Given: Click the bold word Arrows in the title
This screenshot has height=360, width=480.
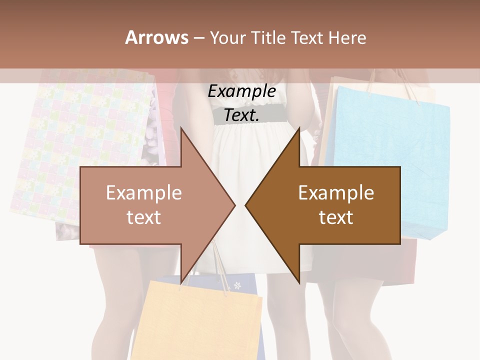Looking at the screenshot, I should click(x=156, y=37).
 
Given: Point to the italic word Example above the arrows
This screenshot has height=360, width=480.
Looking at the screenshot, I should click(x=242, y=91).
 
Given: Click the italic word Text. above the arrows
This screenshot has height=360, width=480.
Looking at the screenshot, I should click(x=242, y=115).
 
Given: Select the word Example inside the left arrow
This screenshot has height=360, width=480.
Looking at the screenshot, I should click(x=144, y=193).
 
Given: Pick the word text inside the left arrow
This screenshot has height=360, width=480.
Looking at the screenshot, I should click(x=144, y=217).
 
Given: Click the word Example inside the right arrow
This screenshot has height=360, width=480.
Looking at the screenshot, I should click(x=336, y=193).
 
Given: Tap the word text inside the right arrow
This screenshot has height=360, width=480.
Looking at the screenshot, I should click(x=336, y=217).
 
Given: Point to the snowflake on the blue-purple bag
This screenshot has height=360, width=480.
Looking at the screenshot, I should click(x=237, y=286).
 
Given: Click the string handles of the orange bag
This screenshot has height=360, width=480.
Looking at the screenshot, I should click(x=220, y=265).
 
